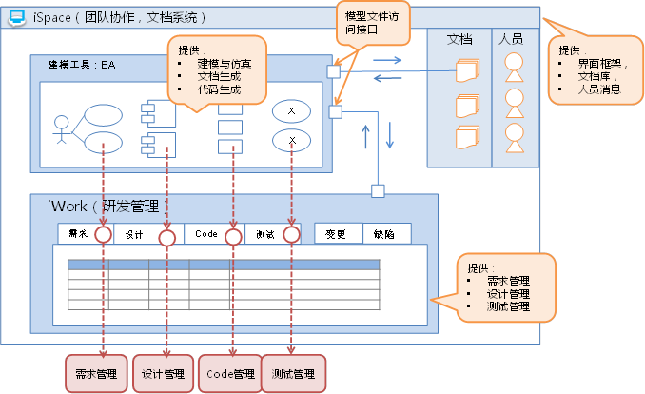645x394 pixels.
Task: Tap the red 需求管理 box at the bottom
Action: tap(95, 374)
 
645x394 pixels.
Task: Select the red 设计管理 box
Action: tap(162, 374)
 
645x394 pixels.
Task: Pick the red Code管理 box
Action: tap(229, 374)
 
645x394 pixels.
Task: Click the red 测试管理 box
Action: tap(293, 374)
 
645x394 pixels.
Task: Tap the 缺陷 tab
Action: tap(385, 234)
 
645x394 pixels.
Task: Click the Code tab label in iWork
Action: tap(206, 234)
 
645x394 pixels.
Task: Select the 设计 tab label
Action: tap(135, 234)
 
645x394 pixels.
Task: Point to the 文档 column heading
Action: tap(459, 39)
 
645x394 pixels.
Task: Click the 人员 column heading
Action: tap(511, 39)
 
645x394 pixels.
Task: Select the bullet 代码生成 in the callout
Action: tap(218, 89)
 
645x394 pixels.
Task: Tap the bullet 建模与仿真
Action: tap(224, 63)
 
